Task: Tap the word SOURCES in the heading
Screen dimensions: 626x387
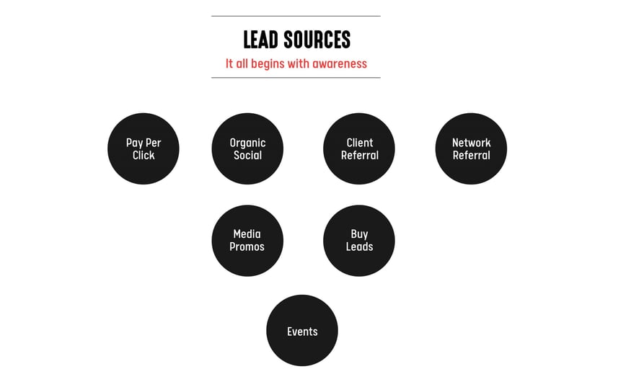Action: coord(317,40)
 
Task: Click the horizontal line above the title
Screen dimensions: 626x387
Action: coord(296,17)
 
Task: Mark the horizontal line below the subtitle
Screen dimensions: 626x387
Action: coord(296,78)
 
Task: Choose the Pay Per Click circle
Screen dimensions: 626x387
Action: coord(144,148)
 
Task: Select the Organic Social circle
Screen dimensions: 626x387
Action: coord(247,148)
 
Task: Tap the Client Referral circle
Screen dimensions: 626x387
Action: coord(359,148)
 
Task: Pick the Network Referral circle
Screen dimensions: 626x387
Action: coord(471,148)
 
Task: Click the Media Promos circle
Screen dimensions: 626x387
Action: coord(247,241)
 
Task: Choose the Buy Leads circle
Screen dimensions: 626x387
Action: coord(359,241)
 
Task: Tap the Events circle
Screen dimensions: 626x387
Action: coord(302,330)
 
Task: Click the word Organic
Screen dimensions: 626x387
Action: coord(247,143)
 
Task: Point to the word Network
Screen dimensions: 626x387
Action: coord(471,143)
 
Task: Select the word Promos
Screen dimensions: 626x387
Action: coord(247,246)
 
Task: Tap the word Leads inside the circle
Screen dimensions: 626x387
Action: coord(359,246)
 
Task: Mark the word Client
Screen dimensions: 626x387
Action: coord(360,143)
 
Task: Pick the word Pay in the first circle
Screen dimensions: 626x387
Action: coord(134,143)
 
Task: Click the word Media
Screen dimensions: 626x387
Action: coord(247,233)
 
